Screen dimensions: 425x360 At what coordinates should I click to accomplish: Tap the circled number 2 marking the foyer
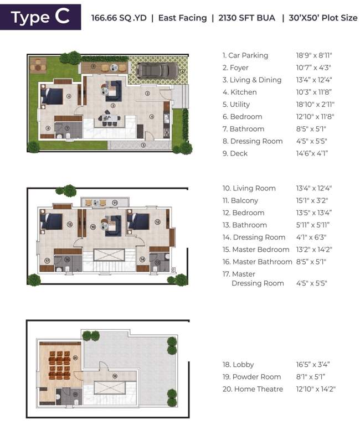pyautogui.click(x=148, y=94)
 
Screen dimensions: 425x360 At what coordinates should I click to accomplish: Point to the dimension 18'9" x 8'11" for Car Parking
pyautogui.click(x=314, y=55)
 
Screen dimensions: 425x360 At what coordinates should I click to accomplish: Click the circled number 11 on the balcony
pyautogui.click(x=115, y=203)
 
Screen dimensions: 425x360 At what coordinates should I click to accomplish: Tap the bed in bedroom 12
pyautogui.click(x=137, y=220)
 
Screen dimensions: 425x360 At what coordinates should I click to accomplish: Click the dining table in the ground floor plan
pyautogui.click(x=109, y=117)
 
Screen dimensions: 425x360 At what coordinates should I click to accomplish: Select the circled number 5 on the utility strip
pyautogui.click(x=143, y=145)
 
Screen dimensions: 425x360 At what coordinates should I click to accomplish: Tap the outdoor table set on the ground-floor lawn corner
pyautogui.click(x=38, y=65)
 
